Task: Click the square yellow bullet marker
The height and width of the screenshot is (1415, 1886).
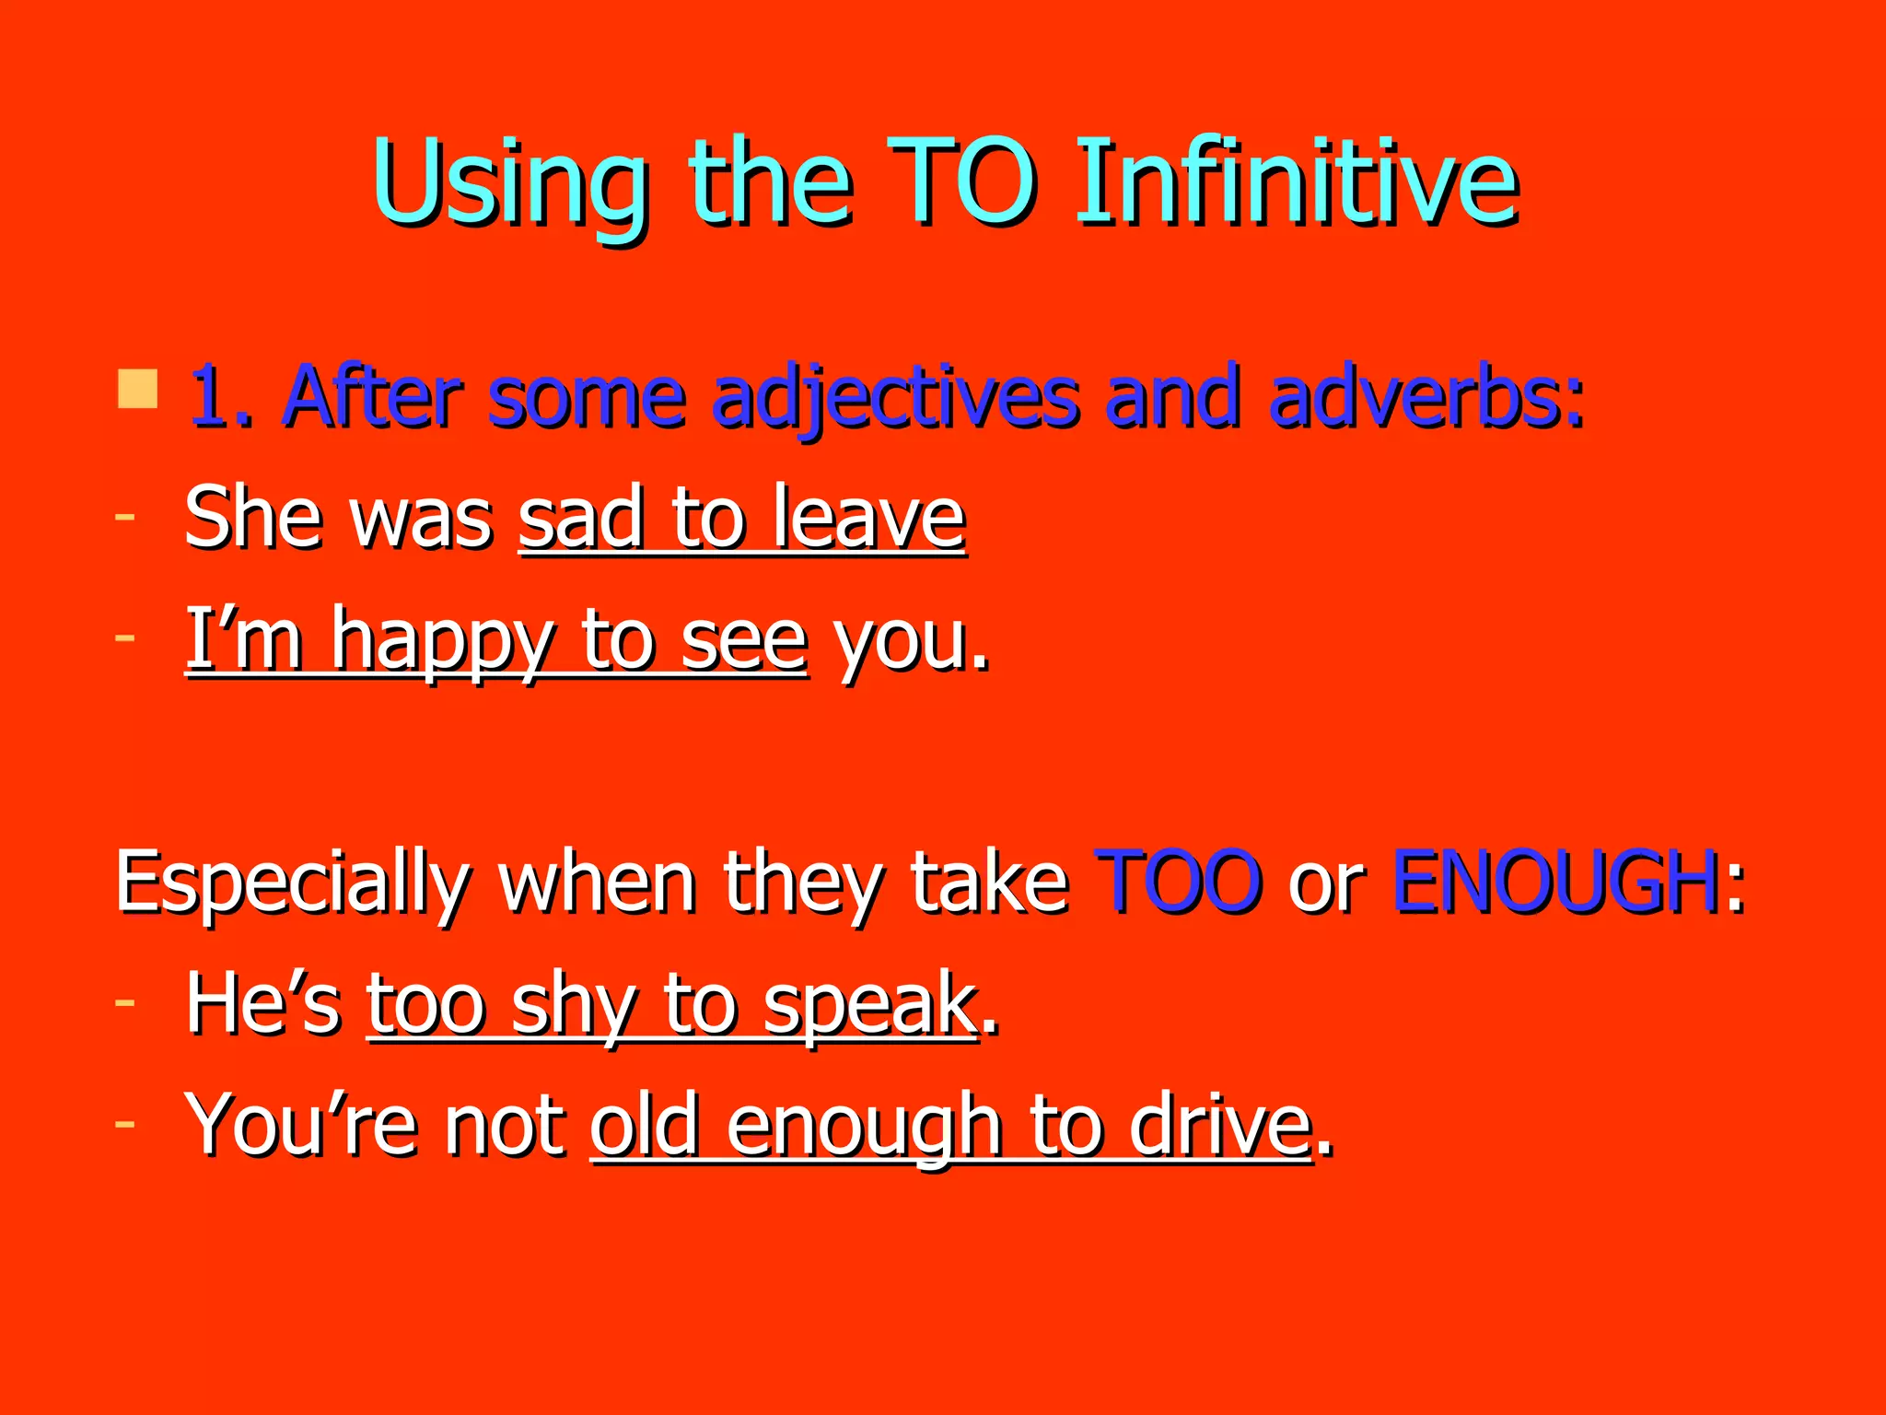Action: point(137,390)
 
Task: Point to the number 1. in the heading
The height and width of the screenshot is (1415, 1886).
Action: point(221,398)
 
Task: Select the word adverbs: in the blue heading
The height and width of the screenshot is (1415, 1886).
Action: point(1426,398)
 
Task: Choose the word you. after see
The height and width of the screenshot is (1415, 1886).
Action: point(912,641)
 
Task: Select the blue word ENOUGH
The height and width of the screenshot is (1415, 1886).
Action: point(1554,882)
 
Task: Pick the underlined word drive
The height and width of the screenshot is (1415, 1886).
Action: point(1219,1126)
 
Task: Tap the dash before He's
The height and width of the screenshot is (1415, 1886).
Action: point(125,1000)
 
